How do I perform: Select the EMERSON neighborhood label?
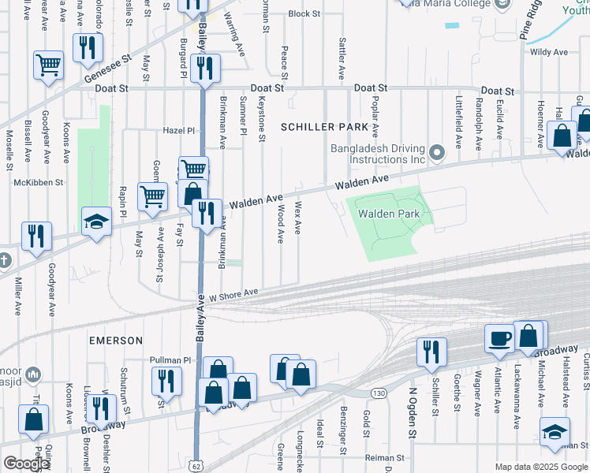pyautogui.click(x=116, y=341)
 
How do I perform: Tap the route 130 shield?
pyautogui.click(x=379, y=393)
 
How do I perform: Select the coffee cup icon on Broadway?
pyautogui.click(x=499, y=337)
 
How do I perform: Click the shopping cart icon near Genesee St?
pyautogui.click(x=48, y=65)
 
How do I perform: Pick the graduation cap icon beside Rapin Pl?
pyautogui.click(x=97, y=222)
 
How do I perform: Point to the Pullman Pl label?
pyautogui.click(x=171, y=360)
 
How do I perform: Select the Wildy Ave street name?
pyautogui.click(x=549, y=52)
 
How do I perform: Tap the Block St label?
pyautogui.click(x=304, y=14)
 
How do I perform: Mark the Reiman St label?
pyautogui.click(x=384, y=457)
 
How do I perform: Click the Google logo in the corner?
pyautogui.click(x=25, y=464)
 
